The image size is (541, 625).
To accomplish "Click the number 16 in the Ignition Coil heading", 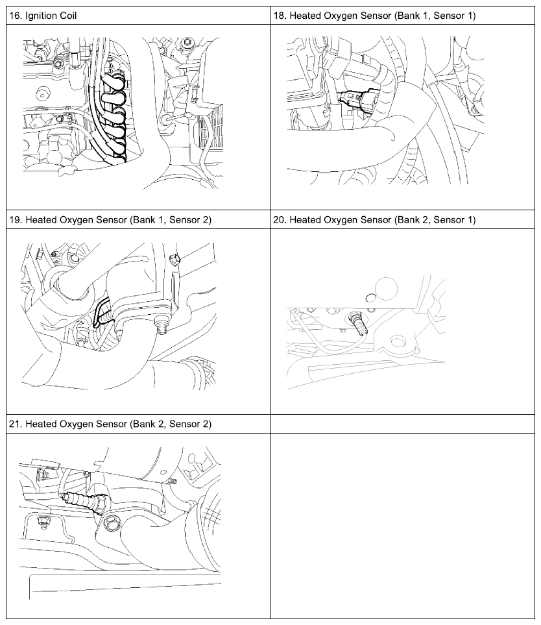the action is (x=15, y=16).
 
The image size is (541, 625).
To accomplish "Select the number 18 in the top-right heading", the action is (x=280, y=16).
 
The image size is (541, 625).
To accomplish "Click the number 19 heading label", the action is (x=15, y=219).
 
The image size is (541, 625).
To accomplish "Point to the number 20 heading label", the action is (x=280, y=219).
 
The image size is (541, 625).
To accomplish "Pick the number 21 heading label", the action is (x=15, y=424).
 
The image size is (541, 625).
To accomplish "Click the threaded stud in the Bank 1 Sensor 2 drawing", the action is (x=161, y=326).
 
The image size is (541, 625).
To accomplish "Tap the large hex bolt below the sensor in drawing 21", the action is (x=112, y=522).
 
